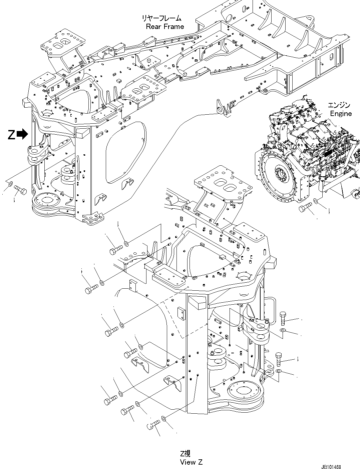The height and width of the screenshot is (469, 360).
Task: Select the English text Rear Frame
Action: click(x=165, y=27)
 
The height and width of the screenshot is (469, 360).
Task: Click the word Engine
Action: click(x=341, y=114)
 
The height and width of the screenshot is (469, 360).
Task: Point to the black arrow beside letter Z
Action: click(x=22, y=134)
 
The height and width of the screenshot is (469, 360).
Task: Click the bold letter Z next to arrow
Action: click(x=11, y=135)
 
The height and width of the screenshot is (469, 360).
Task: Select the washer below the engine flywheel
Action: click(x=316, y=201)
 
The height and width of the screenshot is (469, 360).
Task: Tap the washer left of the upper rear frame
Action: click(x=11, y=184)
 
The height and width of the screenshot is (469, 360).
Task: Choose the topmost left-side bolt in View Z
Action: click(x=115, y=249)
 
